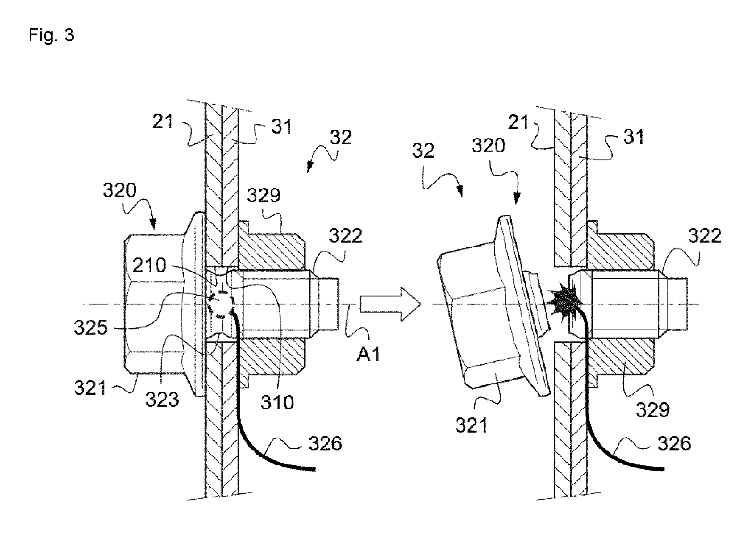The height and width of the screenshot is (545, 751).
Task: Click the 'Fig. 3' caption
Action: (x=51, y=35)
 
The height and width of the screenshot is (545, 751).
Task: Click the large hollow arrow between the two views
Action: (x=390, y=303)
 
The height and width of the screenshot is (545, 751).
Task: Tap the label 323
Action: (x=162, y=399)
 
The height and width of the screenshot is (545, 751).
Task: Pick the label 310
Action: (x=277, y=401)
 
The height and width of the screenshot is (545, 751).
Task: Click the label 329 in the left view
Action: (x=263, y=196)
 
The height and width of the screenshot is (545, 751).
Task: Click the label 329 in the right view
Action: (x=653, y=409)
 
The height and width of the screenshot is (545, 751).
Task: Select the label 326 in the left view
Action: (x=325, y=444)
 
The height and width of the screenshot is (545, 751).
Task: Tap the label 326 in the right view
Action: (x=674, y=444)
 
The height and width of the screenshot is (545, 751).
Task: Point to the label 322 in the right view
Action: (x=705, y=235)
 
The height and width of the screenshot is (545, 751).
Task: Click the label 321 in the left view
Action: (x=91, y=388)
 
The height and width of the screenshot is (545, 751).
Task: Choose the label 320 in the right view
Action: (x=488, y=146)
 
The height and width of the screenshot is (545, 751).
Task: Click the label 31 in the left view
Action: (x=282, y=126)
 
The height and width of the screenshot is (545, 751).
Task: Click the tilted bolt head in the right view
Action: (x=492, y=305)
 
